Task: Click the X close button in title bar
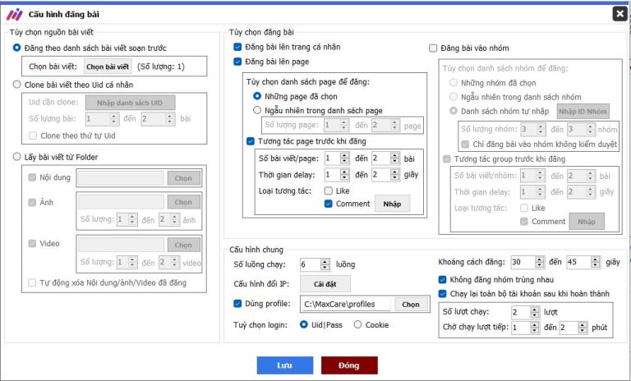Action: [619, 13]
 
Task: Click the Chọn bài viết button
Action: [107, 67]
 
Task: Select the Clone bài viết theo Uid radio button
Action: [18, 85]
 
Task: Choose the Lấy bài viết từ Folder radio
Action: [18, 157]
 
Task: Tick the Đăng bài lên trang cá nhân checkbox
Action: [238, 48]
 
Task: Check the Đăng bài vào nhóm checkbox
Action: [434, 48]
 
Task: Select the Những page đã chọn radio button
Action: [257, 96]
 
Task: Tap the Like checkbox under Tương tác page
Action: [329, 190]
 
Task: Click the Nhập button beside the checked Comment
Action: [392, 204]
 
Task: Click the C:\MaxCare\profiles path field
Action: [345, 304]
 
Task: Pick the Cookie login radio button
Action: [357, 324]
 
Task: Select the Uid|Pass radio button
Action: [304, 324]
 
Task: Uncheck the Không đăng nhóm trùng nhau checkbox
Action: [443, 279]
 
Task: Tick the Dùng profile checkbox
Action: [238, 304]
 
